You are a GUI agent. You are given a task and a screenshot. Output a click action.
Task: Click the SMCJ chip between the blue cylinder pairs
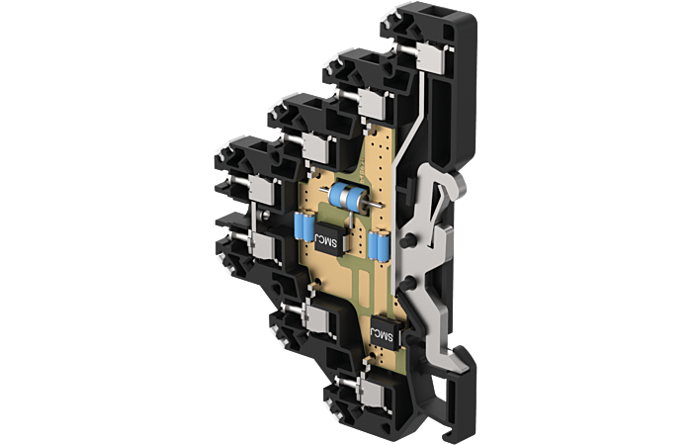[330, 240]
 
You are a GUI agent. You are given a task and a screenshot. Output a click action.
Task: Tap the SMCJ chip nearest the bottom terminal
[385, 333]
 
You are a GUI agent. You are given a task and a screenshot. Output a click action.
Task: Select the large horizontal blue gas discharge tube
[349, 198]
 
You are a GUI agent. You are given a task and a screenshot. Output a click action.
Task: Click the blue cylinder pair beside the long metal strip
[379, 245]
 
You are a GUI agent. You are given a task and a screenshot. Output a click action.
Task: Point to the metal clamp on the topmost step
[430, 57]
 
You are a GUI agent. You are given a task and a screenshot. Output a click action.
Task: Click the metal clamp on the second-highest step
[372, 104]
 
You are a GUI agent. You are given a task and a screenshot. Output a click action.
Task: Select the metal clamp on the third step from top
[316, 147]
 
